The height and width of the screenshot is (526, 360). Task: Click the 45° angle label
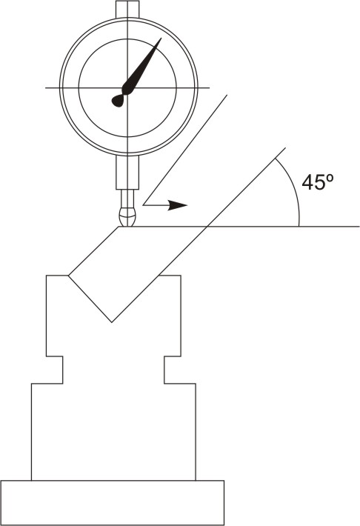pos(319,182)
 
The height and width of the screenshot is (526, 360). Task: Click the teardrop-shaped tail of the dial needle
pos(118,100)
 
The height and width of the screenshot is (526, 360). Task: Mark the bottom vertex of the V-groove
pos(112,322)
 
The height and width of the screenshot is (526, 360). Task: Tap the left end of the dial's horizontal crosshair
pos(47,87)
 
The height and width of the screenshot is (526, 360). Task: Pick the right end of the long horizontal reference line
pos(359,226)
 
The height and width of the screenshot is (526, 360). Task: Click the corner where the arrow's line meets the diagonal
pos(144,204)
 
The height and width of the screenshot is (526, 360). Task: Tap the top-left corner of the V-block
pos(47,276)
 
